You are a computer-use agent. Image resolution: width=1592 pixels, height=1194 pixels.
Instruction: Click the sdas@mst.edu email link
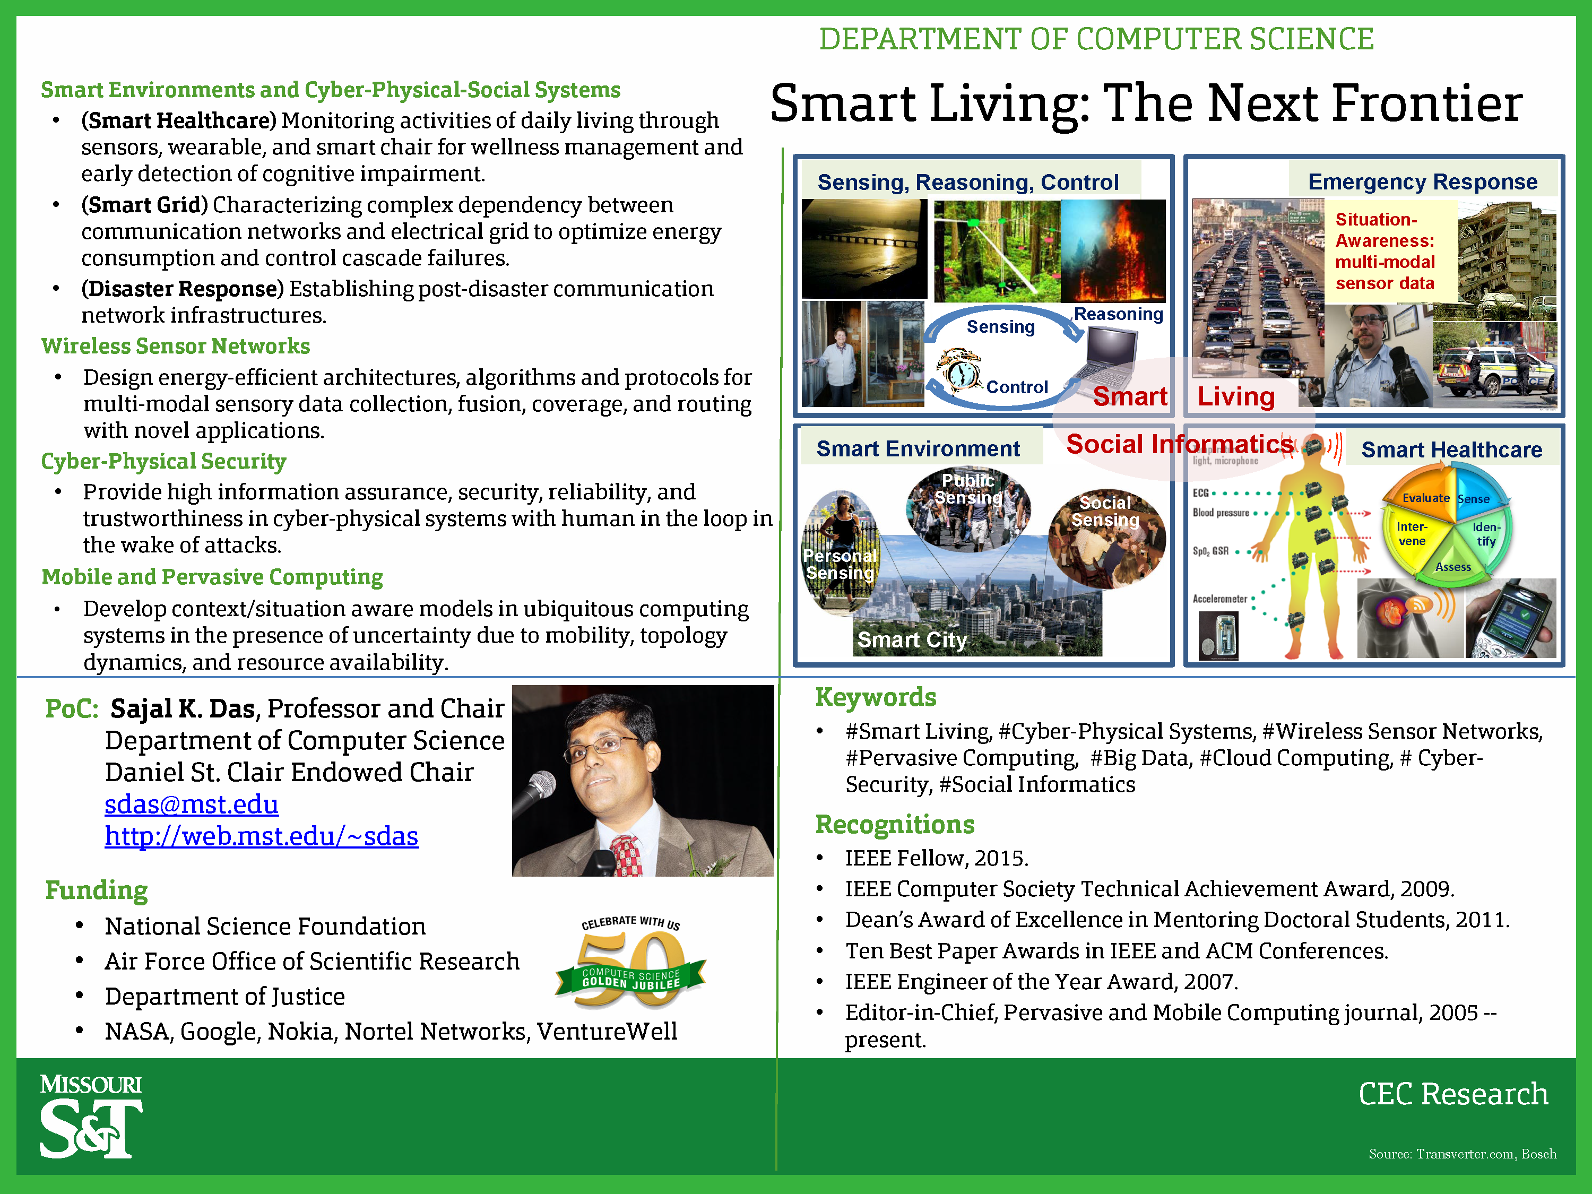click(192, 804)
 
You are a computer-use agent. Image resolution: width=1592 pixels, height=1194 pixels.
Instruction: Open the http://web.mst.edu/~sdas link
click(261, 836)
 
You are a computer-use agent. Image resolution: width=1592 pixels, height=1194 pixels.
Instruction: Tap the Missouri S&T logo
click(91, 1117)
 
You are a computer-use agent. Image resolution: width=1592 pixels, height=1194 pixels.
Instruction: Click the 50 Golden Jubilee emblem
click(630, 962)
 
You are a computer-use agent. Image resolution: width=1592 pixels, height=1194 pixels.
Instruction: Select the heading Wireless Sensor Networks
click(176, 346)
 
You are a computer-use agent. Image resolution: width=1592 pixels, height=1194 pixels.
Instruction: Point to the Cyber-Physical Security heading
click(163, 461)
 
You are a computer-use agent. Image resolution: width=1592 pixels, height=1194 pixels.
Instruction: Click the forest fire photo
click(1113, 251)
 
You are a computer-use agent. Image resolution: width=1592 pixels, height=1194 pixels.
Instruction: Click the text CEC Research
click(1453, 1094)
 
